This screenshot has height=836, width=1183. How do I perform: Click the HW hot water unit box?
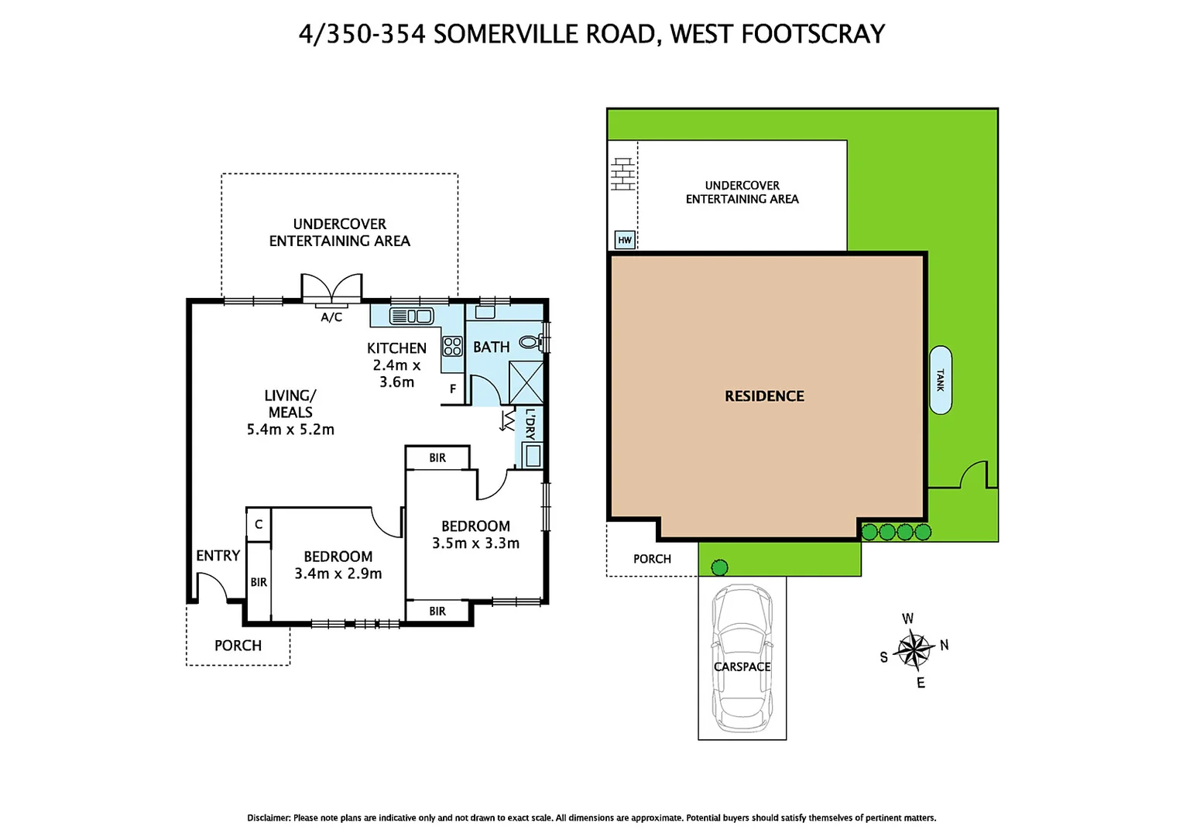pyautogui.click(x=624, y=240)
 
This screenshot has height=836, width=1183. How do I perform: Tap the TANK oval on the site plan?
pyautogui.click(x=940, y=379)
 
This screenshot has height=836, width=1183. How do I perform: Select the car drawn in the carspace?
pyautogui.click(x=742, y=658)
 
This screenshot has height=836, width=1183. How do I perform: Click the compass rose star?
pyautogui.click(x=914, y=650)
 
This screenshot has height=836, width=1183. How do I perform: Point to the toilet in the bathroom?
pyautogui.click(x=530, y=342)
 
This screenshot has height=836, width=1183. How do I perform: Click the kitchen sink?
pyautogui.click(x=411, y=316)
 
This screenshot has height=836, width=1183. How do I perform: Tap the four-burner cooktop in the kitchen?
pyautogui.click(x=452, y=346)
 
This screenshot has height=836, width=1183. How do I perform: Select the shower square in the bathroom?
pyautogui.click(x=526, y=382)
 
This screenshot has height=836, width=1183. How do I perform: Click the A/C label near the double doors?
pyautogui.click(x=331, y=317)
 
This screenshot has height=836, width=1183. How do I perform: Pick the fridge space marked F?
pyautogui.click(x=453, y=389)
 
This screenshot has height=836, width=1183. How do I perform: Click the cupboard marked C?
pyautogui.click(x=259, y=524)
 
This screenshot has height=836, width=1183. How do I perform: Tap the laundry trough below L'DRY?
pyautogui.click(x=533, y=456)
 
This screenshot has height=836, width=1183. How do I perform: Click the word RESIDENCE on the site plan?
pyautogui.click(x=764, y=396)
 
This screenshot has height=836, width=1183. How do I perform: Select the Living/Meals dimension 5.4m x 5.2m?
pyautogui.click(x=290, y=430)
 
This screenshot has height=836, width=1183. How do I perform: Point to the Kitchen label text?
pyautogui.click(x=396, y=348)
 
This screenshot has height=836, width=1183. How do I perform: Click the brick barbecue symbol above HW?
pyautogui.click(x=622, y=174)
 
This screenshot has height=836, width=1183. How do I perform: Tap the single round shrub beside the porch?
pyautogui.click(x=719, y=568)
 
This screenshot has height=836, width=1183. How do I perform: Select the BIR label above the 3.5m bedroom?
pyautogui.click(x=437, y=458)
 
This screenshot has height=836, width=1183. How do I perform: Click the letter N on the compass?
pyautogui.click(x=944, y=645)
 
